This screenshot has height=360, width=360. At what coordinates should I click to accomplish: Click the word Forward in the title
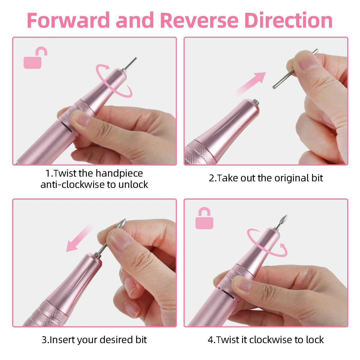(x=68, y=20)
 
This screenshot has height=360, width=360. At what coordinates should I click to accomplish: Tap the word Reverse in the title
(x=199, y=20)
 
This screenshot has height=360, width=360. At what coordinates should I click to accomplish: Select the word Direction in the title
(x=289, y=20)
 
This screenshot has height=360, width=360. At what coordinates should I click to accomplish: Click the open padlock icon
(x=35, y=58)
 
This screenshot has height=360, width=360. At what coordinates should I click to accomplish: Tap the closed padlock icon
(x=204, y=218)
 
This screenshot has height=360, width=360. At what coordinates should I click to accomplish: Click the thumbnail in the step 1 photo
(x=82, y=119)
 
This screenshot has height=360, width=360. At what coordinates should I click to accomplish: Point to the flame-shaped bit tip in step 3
(x=121, y=223)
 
